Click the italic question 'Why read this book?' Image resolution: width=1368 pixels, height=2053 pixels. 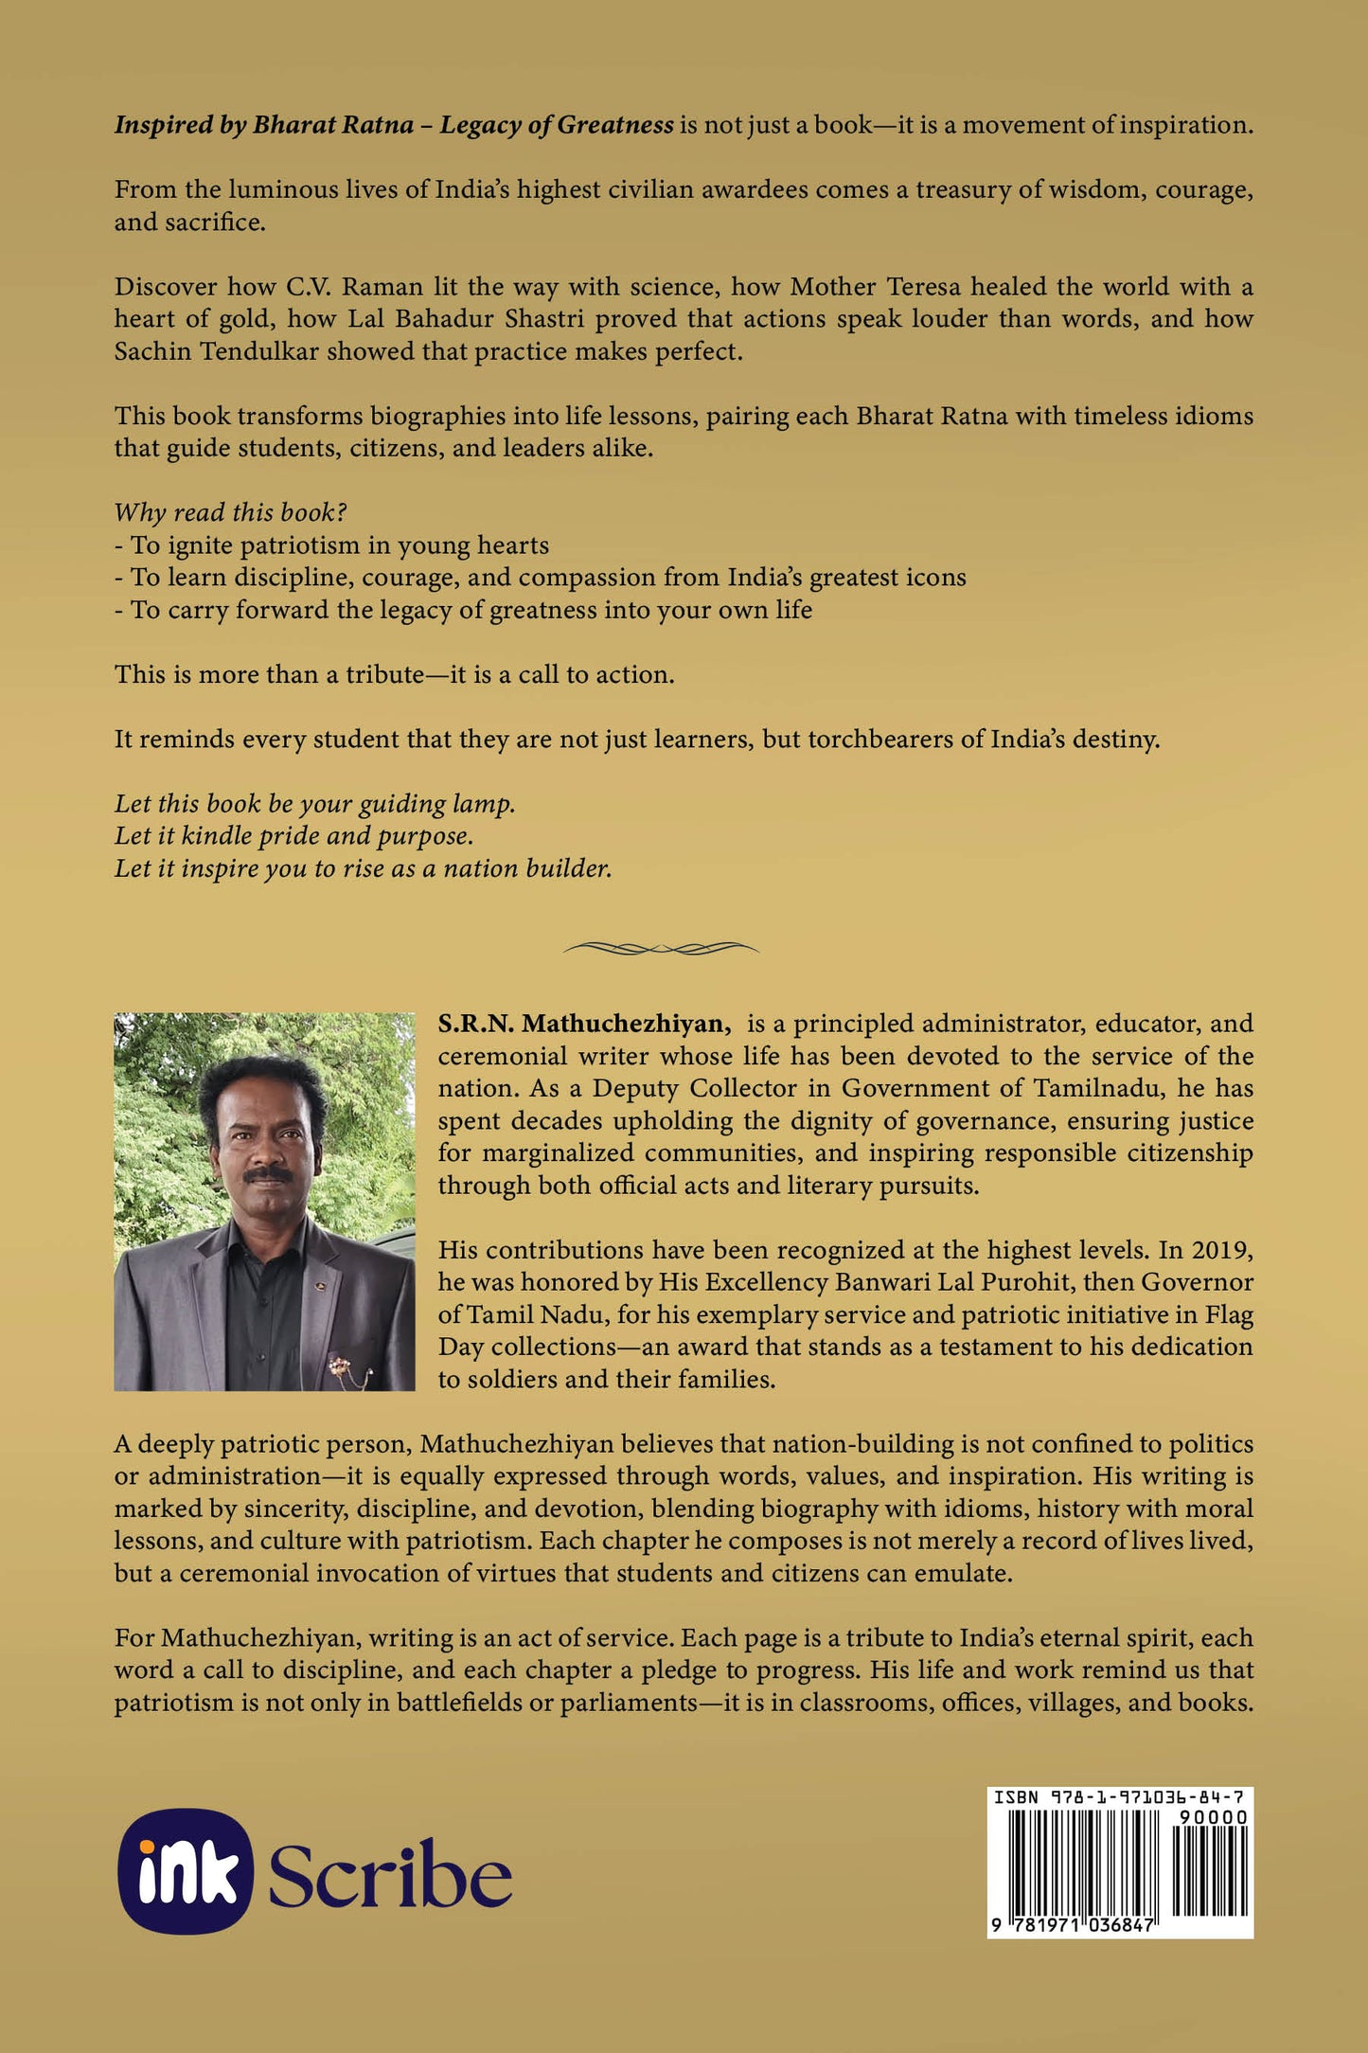point(230,512)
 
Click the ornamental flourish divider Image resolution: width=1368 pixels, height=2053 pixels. point(661,947)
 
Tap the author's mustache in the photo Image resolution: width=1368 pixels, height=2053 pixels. point(268,1175)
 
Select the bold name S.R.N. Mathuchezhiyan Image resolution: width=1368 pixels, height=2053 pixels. point(583,1024)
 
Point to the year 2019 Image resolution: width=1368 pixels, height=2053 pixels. point(1220,1250)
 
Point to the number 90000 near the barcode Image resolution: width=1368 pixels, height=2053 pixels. point(1213,1817)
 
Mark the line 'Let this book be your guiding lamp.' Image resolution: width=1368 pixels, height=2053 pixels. point(314,804)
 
